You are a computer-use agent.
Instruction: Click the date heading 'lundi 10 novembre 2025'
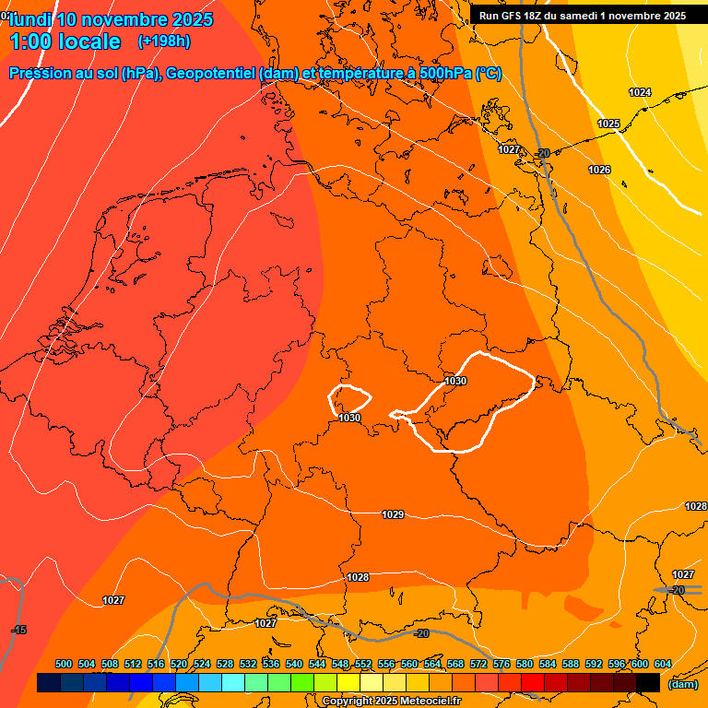(x=111, y=19)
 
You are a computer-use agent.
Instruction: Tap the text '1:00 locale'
(x=65, y=41)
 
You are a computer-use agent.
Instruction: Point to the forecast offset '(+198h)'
(x=163, y=41)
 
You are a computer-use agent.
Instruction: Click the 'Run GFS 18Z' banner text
(x=517, y=16)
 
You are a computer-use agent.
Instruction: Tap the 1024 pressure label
(x=639, y=92)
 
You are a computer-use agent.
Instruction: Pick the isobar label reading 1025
(x=608, y=124)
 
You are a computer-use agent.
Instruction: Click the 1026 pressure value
(x=599, y=170)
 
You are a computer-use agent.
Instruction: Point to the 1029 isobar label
(x=393, y=514)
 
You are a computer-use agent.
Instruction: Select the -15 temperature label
(x=18, y=630)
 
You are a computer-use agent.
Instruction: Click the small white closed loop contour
(x=350, y=398)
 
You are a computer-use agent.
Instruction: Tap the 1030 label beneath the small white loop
(x=349, y=418)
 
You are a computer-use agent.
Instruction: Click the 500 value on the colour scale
(x=64, y=664)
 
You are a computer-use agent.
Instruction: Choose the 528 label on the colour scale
(x=225, y=664)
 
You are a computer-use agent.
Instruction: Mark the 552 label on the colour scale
(x=363, y=664)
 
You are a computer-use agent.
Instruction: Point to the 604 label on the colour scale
(x=663, y=664)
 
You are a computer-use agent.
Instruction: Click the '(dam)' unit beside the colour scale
(x=682, y=684)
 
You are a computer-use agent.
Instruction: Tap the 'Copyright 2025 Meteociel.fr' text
(x=391, y=702)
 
